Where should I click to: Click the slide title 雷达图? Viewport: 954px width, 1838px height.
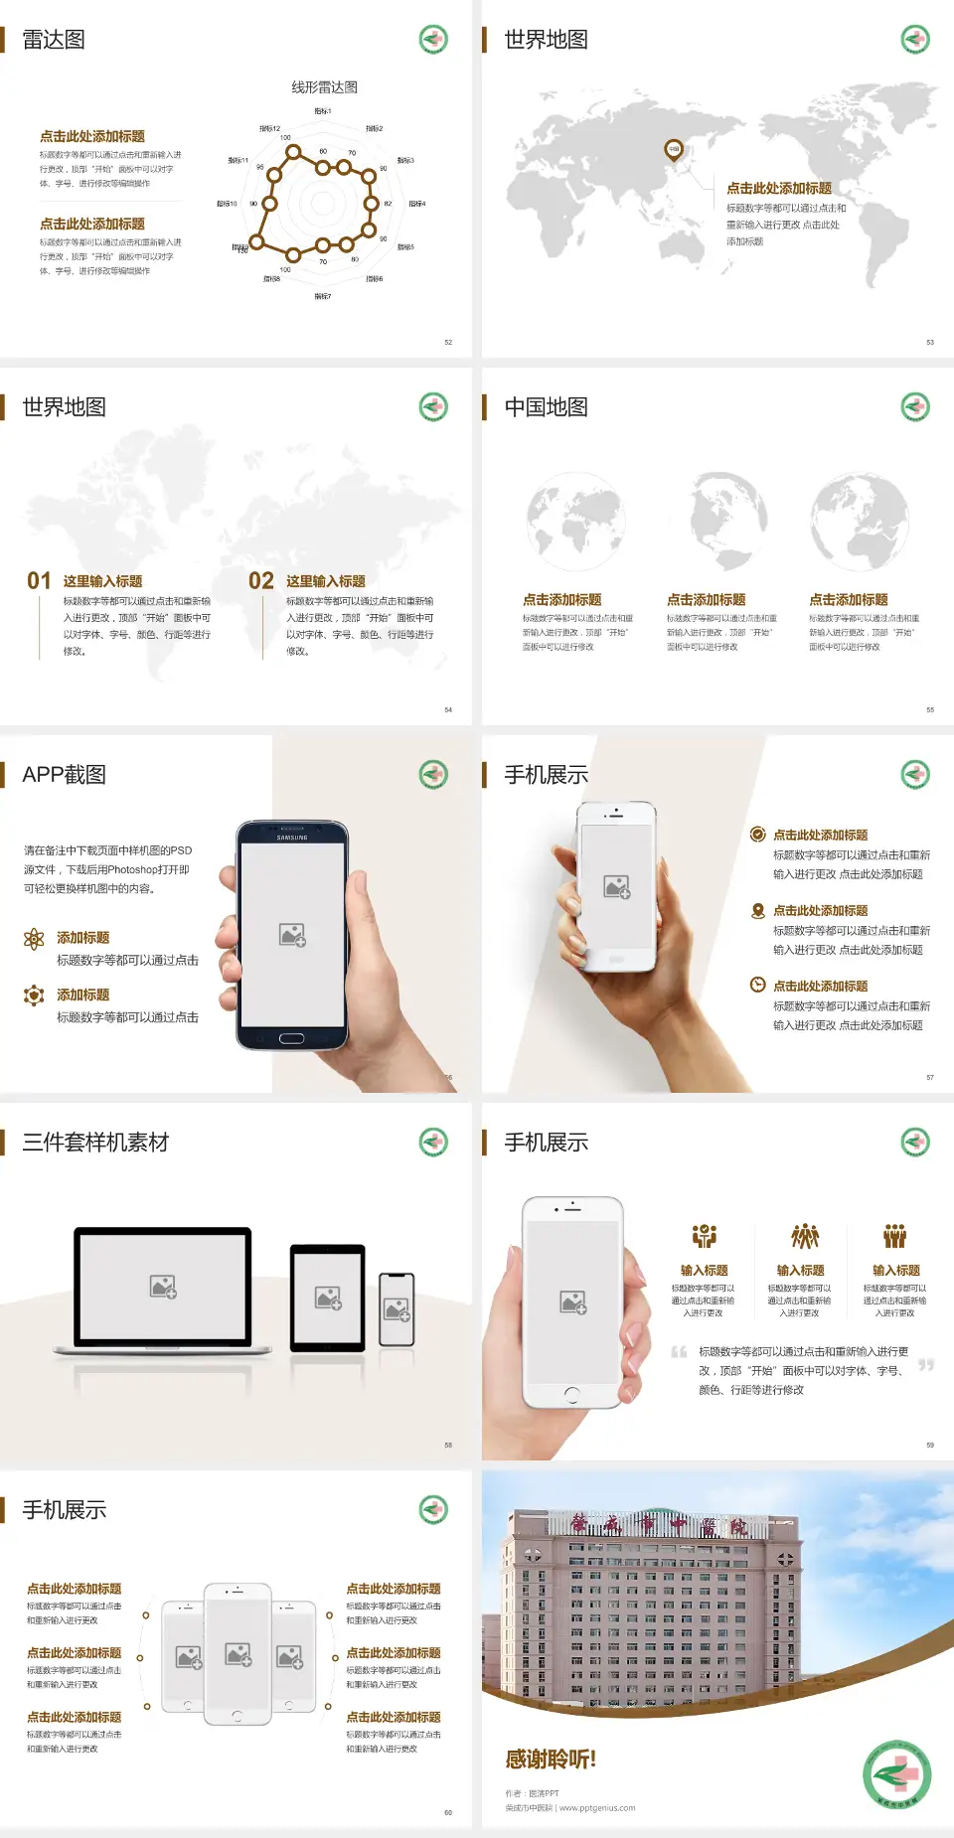coord(54,40)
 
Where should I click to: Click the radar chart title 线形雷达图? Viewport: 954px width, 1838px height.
coord(324,87)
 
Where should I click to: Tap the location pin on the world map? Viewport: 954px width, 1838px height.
coord(674,150)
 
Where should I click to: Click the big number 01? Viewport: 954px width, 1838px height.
coord(39,581)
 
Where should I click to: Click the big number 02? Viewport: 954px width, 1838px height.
coord(261,581)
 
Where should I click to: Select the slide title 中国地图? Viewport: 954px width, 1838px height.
coord(546,407)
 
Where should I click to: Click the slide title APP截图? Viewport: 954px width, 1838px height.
coord(64,775)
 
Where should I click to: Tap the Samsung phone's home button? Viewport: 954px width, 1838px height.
coord(291,1038)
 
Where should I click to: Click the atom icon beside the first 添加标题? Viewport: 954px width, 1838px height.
coord(34,939)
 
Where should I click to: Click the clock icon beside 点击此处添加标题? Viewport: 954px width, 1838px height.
coord(757,985)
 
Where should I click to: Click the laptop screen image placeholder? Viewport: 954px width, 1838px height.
coord(163,1287)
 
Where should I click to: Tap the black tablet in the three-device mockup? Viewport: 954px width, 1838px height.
coord(328,1297)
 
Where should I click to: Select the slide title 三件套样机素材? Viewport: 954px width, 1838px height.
coord(95,1143)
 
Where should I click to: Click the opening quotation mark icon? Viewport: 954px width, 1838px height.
coord(679,1352)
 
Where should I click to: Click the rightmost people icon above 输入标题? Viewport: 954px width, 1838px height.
coord(895,1236)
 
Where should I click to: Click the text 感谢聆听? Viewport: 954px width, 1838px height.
coord(551,1760)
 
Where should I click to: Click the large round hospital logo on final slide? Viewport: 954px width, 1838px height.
coord(896,1774)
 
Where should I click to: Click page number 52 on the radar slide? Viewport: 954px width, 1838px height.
coord(448,342)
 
